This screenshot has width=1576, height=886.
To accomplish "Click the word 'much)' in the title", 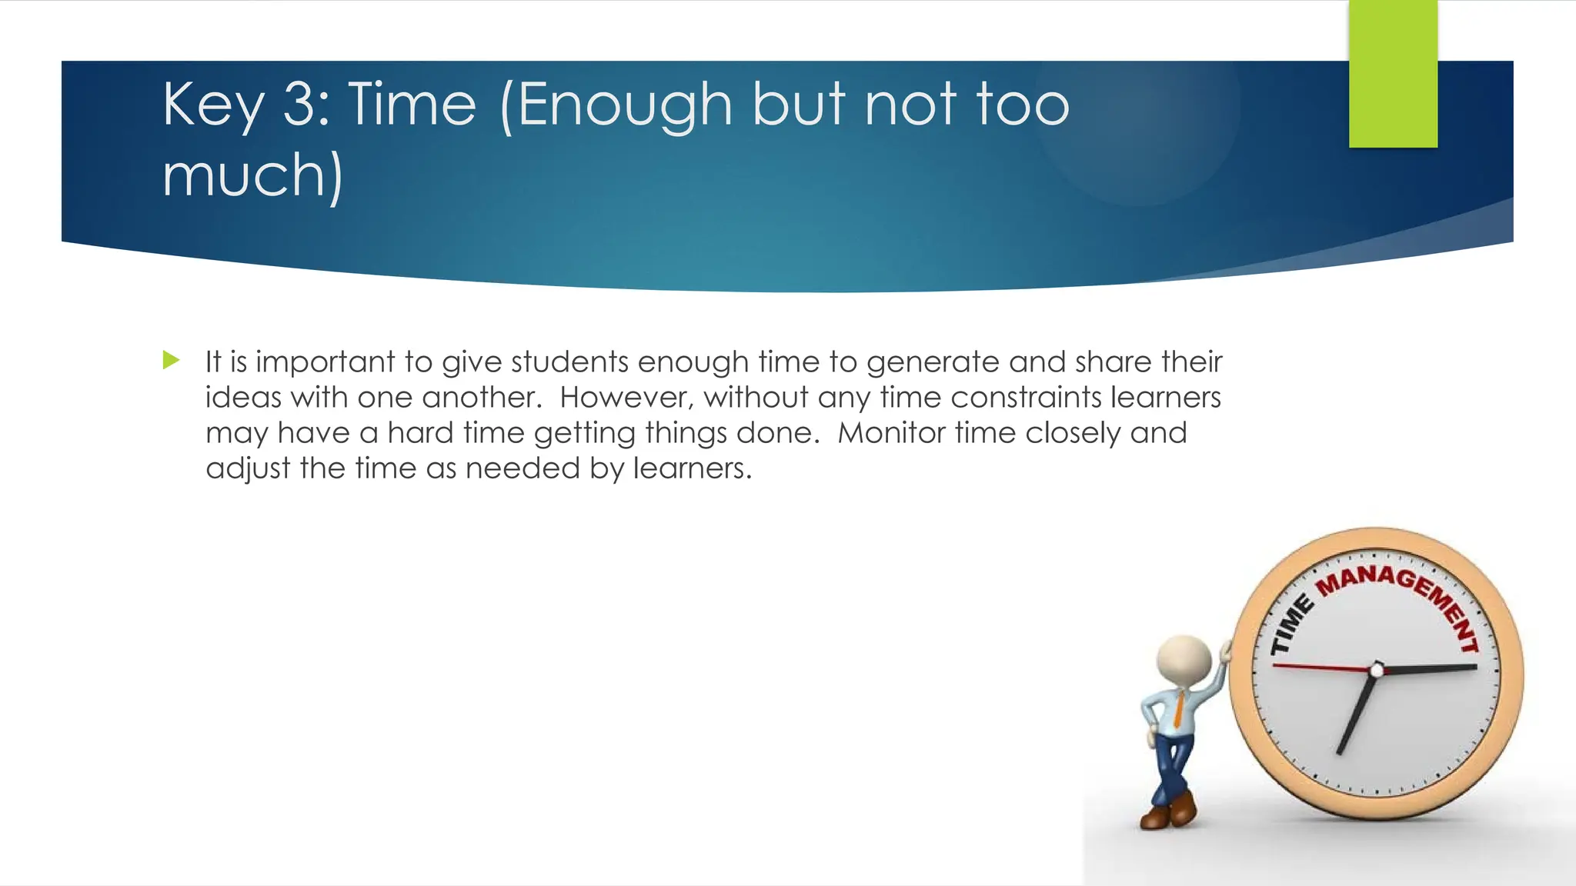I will click(252, 176).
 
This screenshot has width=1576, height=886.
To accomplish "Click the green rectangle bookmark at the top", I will click(1393, 74).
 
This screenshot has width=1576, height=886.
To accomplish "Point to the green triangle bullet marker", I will click(172, 360).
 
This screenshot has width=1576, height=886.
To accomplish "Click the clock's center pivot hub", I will click(1377, 670).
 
